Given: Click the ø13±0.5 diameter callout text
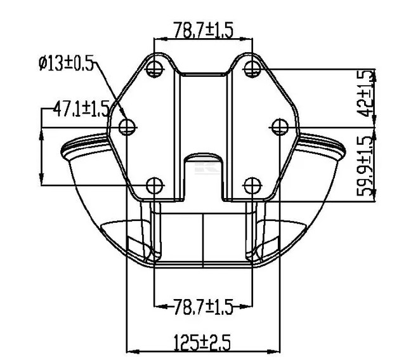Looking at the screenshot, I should pos(65,63).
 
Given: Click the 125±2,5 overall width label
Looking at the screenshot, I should pos(202,342).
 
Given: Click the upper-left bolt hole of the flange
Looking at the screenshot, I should pos(153,68).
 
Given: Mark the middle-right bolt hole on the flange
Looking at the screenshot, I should pos(278,126).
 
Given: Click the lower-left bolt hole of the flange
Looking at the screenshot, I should pos(153,185).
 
